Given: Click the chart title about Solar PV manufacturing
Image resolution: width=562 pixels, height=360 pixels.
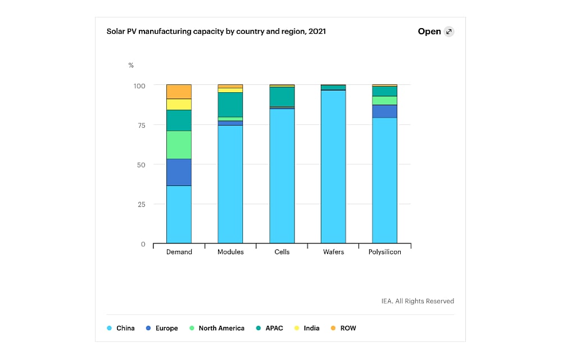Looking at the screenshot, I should click(216, 31).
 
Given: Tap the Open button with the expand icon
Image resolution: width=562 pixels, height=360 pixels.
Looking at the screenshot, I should click(436, 31).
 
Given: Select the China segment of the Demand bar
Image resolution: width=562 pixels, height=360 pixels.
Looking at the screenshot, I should click(179, 214).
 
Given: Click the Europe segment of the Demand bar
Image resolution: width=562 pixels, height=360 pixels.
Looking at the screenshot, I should click(179, 172).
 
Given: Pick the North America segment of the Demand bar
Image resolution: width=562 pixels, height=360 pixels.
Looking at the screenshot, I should click(179, 145).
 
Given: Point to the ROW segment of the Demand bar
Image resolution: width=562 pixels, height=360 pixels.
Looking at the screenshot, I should click(179, 92).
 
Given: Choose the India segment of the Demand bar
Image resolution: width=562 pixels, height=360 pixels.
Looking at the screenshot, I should click(179, 104).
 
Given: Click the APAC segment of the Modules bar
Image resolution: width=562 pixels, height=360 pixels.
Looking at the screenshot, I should click(230, 105).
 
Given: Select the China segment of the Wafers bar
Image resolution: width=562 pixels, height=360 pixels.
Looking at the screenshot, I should click(333, 166).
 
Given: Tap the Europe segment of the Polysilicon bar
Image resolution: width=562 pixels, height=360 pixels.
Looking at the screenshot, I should click(385, 111).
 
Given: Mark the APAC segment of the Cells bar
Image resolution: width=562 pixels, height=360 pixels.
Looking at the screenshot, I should click(282, 96).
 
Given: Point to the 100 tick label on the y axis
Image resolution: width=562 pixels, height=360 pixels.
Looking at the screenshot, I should click(139, 85).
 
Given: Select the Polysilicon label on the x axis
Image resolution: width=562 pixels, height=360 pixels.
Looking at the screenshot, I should click(385, 252).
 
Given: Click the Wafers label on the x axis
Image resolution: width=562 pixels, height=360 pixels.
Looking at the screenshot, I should click(333, 252).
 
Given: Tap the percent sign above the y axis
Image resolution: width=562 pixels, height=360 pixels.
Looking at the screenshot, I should click(131, 65).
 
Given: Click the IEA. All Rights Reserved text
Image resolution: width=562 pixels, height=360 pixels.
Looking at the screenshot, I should click(416, 301).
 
